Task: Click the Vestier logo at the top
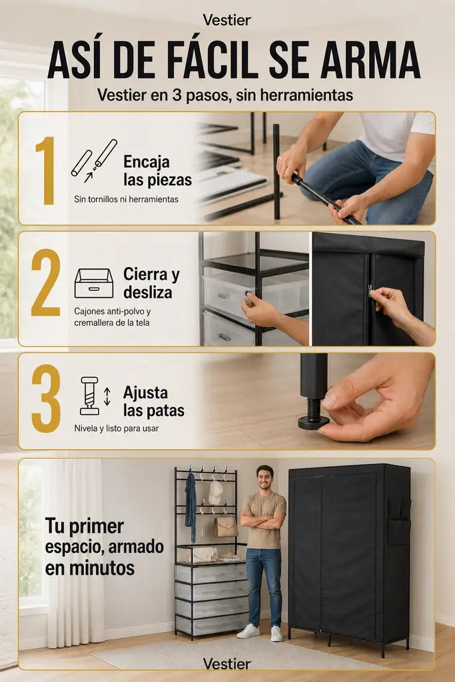coord(227,20)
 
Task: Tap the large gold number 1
coord(46,170)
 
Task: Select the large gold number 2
coord(46,282)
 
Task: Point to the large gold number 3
coord(46,399)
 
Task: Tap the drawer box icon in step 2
coord(94,283)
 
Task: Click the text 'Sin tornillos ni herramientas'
coord(126,199)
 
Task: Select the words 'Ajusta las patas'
coord(153,402)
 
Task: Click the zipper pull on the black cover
coord(370,289)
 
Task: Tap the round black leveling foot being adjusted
coord(313,422)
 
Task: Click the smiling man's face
coord(264,478)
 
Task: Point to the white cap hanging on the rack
coord(215,493)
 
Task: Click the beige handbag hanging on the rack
coord(225,527)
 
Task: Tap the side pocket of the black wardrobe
coord(398,521)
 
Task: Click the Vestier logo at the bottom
coord(227,664)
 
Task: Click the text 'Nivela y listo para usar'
coord(116,428)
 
